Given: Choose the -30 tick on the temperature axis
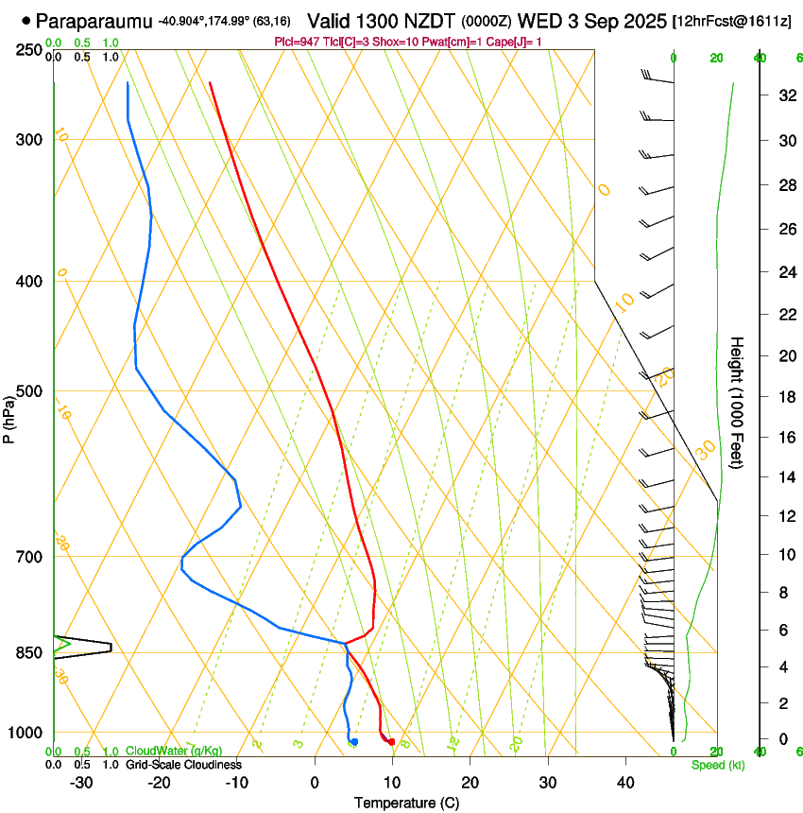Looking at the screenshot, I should [x=81, y=782].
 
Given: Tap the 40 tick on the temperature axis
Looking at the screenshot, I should [x=625, y=782].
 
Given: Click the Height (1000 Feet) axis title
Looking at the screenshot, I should [x=738, y=402].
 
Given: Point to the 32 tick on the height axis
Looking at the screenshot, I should [x=784, y=95].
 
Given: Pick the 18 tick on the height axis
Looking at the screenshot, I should [x=784, y=397].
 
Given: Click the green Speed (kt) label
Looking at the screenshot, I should [x=718, y=765].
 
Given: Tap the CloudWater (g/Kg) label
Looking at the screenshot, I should [x=168, y=751].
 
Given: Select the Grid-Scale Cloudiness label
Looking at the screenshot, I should [x=183, y=764].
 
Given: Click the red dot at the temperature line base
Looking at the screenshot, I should [x=391, y=741].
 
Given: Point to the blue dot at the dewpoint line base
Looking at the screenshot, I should [x=354, y=742].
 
